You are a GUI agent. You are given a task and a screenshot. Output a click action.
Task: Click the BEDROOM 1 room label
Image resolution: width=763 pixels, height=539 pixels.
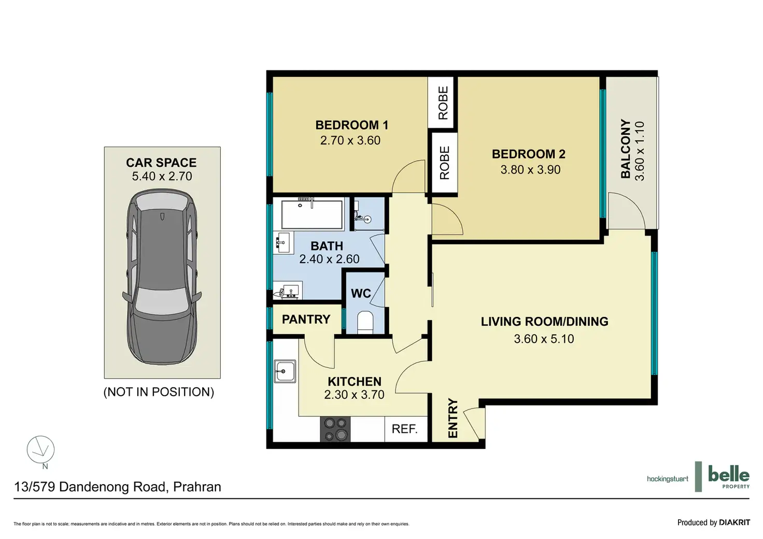tap(352, 125)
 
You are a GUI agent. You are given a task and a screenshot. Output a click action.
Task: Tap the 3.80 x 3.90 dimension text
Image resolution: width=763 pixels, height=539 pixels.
tap(530, 169)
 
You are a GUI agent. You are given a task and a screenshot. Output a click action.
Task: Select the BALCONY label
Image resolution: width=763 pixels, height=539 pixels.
tap(626, 149)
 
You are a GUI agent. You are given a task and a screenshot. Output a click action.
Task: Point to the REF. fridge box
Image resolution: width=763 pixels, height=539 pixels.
tap(406, 429)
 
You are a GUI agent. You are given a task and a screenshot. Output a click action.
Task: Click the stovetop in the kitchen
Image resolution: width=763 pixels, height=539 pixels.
tap(335, 429)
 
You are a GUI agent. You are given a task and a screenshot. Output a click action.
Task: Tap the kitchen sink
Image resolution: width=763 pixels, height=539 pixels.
tap(285, 372)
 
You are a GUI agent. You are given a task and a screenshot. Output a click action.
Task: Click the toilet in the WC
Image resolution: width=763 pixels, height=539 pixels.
tap(365, 322)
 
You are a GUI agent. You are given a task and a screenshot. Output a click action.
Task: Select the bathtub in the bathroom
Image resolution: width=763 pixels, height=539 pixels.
tap(312, 214)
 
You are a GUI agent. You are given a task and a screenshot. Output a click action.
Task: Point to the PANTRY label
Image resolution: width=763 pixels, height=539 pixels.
tap(306, 319)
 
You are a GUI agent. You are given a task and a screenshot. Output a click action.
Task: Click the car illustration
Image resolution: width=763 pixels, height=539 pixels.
tap(162, 276)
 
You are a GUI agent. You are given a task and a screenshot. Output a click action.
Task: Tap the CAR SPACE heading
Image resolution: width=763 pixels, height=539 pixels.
tap(161, 163)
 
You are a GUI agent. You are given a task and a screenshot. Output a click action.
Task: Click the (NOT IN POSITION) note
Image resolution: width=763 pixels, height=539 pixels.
tap(159, 392)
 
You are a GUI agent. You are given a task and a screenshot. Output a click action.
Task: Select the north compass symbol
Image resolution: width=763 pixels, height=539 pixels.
tap(41, 450)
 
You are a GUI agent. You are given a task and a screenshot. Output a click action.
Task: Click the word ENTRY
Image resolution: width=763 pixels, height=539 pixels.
tap(453, 418)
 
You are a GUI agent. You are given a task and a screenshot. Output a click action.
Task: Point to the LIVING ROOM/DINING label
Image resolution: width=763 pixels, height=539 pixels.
tap(544, 322)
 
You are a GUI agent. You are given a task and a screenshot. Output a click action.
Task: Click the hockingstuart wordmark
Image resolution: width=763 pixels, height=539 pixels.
tap(668, 479)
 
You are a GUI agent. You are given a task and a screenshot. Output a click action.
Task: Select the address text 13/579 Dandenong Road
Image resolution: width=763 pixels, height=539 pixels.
tap(91, 487)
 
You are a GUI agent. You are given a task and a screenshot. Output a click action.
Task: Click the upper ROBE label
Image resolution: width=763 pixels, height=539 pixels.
tap(443, 103)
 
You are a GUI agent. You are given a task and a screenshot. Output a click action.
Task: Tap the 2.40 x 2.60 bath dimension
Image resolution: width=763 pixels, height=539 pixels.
tap(329, 259)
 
